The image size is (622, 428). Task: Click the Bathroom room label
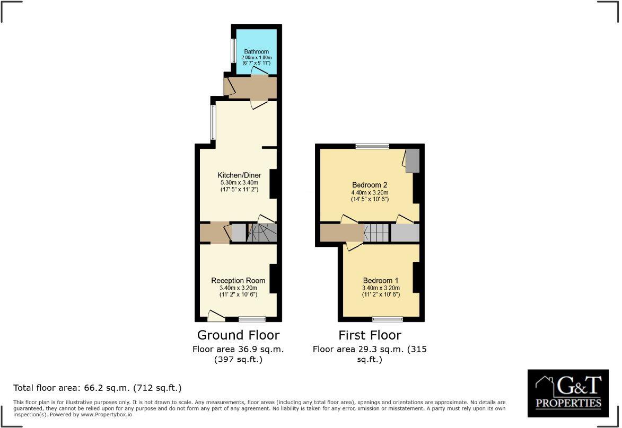click(256, 51)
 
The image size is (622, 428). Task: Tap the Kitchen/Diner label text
click(238, 175)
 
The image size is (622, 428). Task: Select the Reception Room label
click(238, 280)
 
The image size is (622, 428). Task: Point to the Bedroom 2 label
click(370, 185)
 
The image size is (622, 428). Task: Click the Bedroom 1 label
click(380, 280)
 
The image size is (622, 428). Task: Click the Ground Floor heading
click(238, 335)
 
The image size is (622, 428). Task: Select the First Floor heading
click(370, 335)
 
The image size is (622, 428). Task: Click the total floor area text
click(98, 388)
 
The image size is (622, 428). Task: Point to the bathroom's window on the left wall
click(233, 51)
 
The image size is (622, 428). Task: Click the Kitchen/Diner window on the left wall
click(213, 122)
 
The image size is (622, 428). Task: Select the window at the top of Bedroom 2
click(372, 146)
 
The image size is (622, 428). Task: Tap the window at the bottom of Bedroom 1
click(387, 319)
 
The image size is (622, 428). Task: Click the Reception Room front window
click(252, 319)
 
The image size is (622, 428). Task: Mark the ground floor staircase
click(262, 233)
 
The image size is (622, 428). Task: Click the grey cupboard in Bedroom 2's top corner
click(412, 160)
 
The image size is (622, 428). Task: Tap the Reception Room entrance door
click(215, 316)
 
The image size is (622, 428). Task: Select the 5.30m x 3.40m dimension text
click(238, 182)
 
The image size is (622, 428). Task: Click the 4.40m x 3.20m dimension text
click(370, 192)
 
